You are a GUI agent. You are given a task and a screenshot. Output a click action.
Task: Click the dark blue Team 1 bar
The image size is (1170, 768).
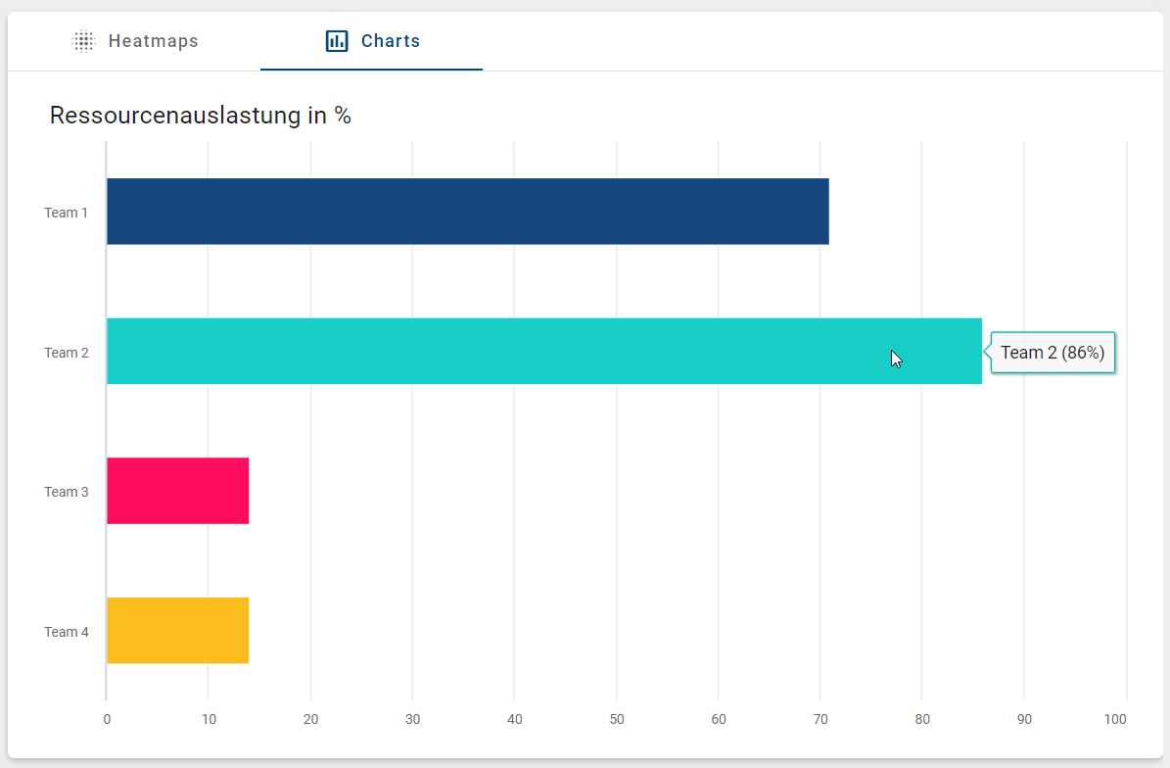(467, 212)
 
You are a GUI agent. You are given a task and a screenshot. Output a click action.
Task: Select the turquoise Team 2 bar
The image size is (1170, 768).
(543, 351)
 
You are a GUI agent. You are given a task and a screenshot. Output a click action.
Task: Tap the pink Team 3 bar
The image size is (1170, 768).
(177, 491)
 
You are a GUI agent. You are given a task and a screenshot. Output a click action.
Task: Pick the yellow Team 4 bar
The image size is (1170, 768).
(177, 630)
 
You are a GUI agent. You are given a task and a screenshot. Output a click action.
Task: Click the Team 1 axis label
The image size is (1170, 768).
(67, 213)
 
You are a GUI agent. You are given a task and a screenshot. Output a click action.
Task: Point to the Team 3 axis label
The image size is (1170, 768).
(67, 492)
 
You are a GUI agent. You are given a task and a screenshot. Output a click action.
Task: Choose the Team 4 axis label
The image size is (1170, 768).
(67, 632)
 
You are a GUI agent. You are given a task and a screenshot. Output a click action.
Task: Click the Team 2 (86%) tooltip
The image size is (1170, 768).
(1053, 353)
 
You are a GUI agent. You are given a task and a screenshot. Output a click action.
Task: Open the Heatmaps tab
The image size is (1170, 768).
(153, 41)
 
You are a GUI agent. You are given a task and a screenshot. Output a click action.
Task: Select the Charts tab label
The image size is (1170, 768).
(391, 41)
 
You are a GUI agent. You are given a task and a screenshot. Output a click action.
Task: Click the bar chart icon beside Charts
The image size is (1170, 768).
(337, 41)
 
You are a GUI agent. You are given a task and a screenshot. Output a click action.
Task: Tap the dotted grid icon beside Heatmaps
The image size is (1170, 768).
(84, 41)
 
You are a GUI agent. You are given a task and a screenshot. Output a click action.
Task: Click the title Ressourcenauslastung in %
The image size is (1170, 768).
(201, 116)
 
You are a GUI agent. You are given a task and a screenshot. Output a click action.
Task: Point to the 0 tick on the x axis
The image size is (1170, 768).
(107, 720)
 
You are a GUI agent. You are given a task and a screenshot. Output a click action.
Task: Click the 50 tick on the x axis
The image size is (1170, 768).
(617, 720)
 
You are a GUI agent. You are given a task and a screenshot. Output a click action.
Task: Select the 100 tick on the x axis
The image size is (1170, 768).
(1115, 720)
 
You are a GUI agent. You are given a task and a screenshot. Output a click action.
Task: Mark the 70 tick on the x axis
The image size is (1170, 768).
(820, 720)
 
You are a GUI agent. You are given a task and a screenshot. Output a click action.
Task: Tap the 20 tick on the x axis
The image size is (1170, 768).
(310, 720)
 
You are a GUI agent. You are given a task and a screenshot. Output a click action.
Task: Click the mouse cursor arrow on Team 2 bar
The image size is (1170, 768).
(896, 359)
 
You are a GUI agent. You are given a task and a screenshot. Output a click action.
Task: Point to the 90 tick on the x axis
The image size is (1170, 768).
(1024, 720)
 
